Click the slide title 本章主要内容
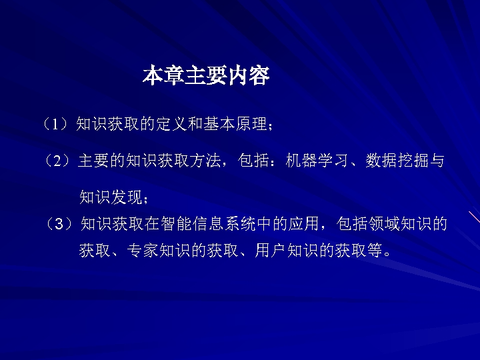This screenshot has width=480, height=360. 205,76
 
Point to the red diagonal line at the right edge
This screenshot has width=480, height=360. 474,219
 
